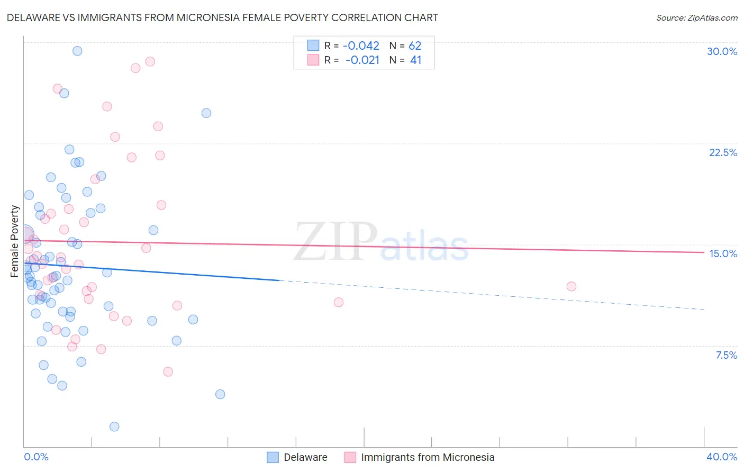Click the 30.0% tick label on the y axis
[x=722, y=51]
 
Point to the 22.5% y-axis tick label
[x=723, y=152]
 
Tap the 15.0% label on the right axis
[x=723, y=253]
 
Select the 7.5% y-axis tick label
[x=726, y=355]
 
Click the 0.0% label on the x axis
[x=36, y=457]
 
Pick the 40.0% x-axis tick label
[x=721, y=457]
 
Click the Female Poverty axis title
[x=15, y=241]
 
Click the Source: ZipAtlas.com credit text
[x=696, y=18]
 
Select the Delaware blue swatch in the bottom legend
[x=273, y=457]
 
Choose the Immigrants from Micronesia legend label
[x=428, y=457]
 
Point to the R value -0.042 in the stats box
[x=361, y=46]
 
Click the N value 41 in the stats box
[x=416, y=60]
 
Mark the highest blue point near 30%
[x=77, y=51]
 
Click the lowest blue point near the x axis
[x=114, y=426]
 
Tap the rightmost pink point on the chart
[x=571, y=286]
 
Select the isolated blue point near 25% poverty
[x=206, y=113]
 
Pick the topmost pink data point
[x=150, y=61]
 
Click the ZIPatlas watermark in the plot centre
[x=381, y=242]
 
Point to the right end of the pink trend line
[x=704, y=252]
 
